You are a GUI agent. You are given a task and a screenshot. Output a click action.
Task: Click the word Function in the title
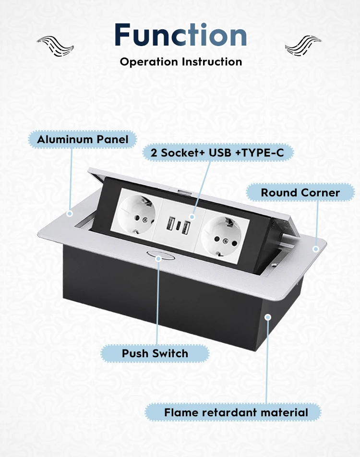[180, 35]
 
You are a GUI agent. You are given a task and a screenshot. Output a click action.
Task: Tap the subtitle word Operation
[149, 62]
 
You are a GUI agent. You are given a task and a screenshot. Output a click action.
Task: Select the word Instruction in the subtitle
[212, 62]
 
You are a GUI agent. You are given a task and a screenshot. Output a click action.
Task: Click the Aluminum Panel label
[83, 140]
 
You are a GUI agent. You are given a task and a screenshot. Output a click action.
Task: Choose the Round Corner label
[300, 193]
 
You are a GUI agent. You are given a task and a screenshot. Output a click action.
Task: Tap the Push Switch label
[155, 354]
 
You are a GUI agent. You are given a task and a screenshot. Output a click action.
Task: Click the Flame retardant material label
[236, 412]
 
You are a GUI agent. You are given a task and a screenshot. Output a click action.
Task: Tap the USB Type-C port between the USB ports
[178, 226]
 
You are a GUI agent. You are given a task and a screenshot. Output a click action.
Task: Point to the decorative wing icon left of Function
[56, 46]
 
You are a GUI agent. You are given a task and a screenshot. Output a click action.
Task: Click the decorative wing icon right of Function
[303, 46]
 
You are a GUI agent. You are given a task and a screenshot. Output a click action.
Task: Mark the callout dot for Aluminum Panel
[70, 213]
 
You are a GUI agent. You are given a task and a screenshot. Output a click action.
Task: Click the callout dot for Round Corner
[316, 249]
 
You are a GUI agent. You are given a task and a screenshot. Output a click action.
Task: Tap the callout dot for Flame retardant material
[268, 317]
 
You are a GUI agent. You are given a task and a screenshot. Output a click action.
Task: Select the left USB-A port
[169, 224]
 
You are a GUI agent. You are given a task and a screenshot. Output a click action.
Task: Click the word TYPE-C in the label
[265, 153]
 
